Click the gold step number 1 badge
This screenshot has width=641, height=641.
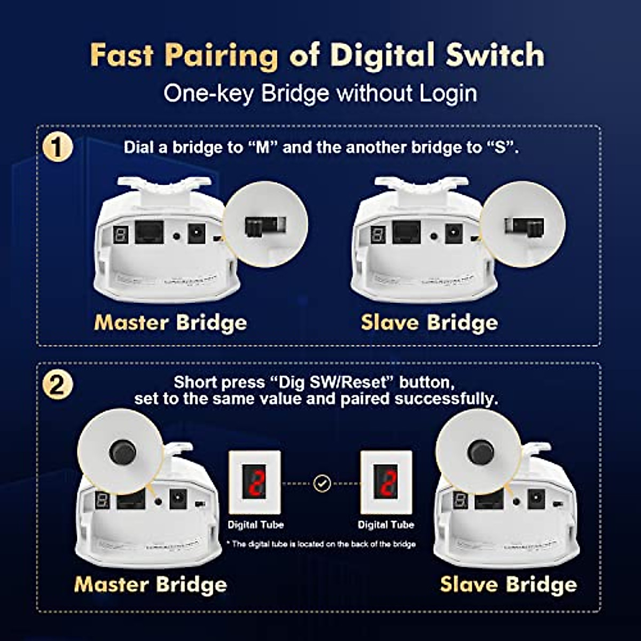pos(57,147)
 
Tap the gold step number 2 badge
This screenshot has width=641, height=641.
pos(57,385)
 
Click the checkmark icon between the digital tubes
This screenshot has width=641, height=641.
pos(322,483)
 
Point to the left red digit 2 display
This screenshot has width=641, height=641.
pos(254,482)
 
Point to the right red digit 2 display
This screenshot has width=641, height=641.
pos(386,482)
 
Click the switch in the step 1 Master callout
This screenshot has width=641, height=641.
pos(258,226)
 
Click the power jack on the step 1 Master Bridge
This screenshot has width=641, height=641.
pos(196,233)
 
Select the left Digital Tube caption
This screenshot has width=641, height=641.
pos(255,525)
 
